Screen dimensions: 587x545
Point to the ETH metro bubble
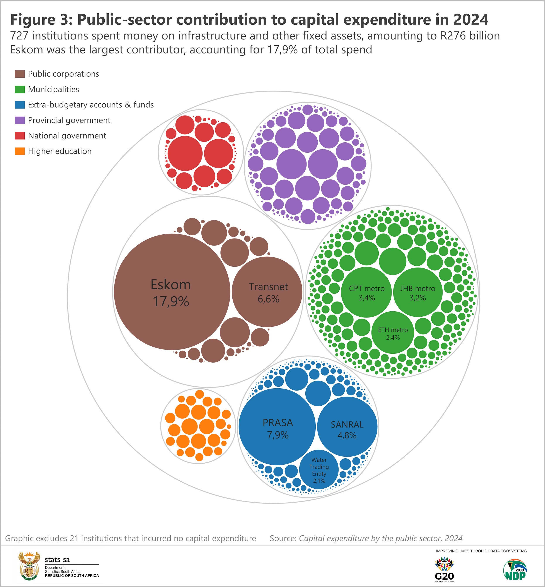coord(393,333)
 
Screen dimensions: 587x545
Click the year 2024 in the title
coord(471,20)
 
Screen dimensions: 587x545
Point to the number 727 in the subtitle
coord(19,36)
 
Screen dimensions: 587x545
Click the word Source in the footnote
coord(283,538)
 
